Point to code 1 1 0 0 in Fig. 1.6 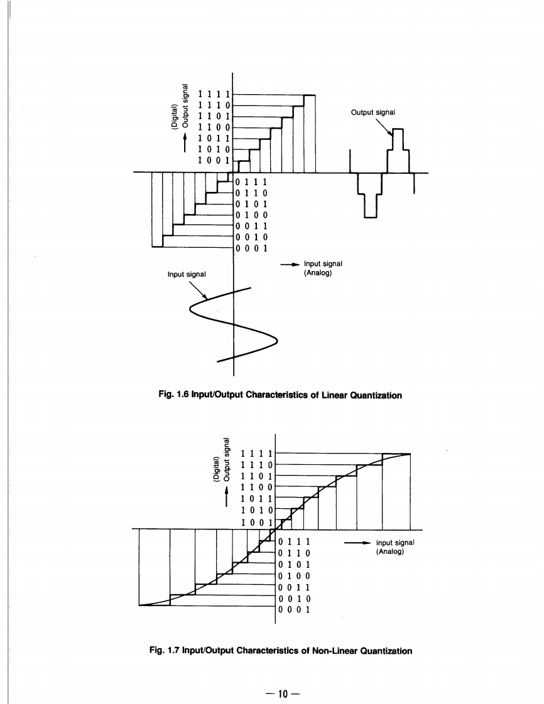[x=214, y=127]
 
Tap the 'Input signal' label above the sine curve [x=187, y=274]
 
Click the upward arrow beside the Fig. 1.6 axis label [x=184, y=142]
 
